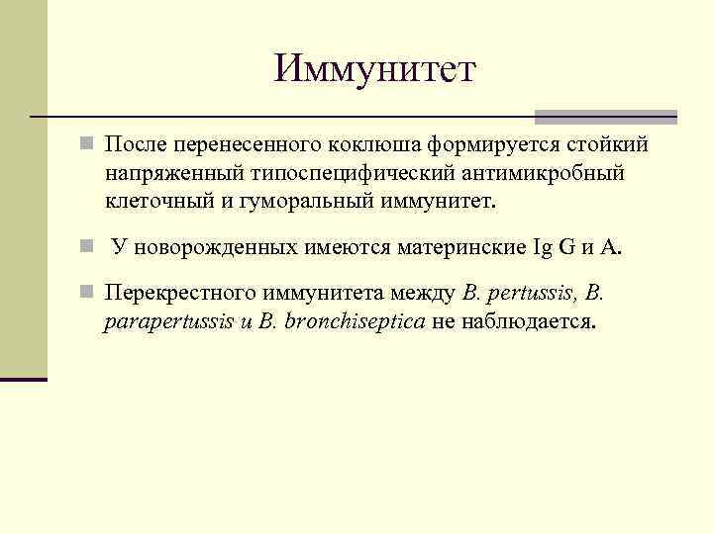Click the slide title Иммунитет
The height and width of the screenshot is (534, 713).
tap(375, 69)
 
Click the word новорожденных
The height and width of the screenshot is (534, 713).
tap(204, 247)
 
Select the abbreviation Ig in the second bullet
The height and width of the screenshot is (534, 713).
tap(543, 247)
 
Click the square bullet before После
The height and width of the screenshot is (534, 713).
tap(89, 146)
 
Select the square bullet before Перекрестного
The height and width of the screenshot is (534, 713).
tap(89, 294)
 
